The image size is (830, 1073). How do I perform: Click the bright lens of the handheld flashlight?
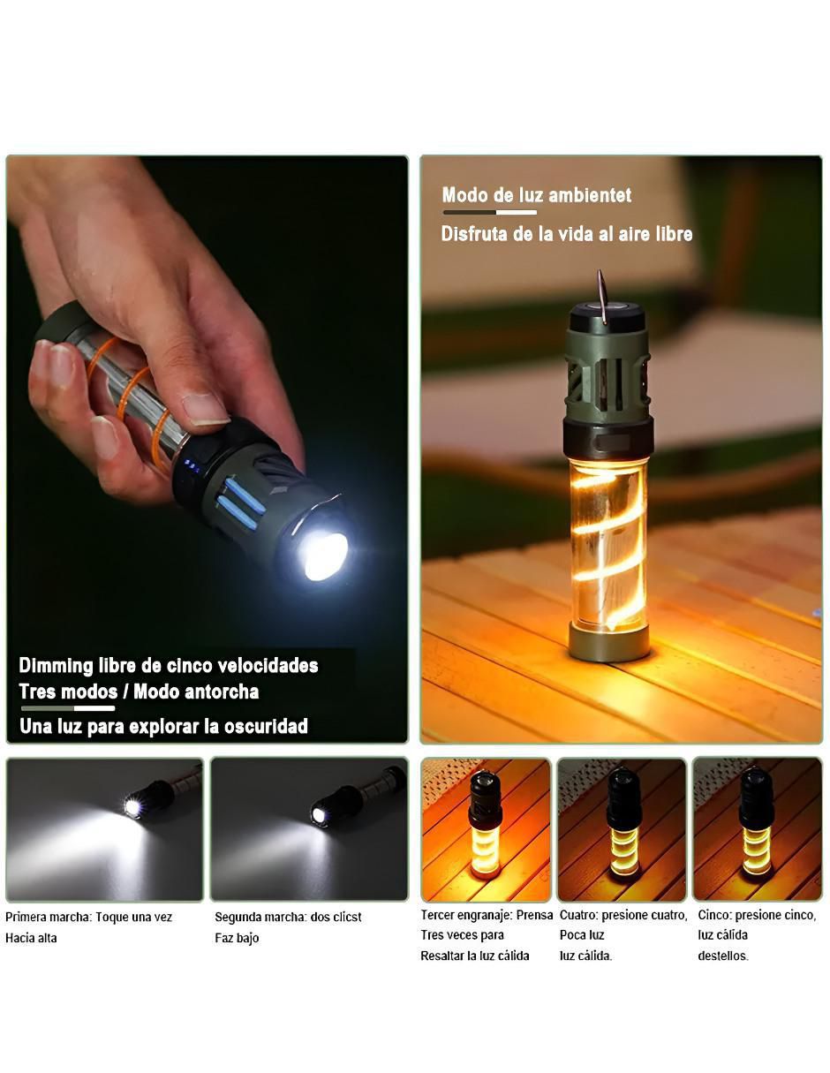point(322,555)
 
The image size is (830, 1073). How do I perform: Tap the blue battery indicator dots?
point(192,466)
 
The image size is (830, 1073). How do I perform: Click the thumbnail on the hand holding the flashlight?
point(204,409)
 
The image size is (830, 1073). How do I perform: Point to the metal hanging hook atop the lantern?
point(602,296)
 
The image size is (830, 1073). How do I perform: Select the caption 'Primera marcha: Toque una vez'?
point(89,917)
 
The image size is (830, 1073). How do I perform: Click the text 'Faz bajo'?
point(237,938)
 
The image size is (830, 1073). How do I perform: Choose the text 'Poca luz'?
point(581,934)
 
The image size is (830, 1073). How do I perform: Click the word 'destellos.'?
point(722,956)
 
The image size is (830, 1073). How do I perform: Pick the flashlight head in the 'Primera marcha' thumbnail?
point(148,800)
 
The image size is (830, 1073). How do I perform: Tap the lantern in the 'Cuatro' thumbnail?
point(623,823)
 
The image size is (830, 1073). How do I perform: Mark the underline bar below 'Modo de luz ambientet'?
point(489,212)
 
